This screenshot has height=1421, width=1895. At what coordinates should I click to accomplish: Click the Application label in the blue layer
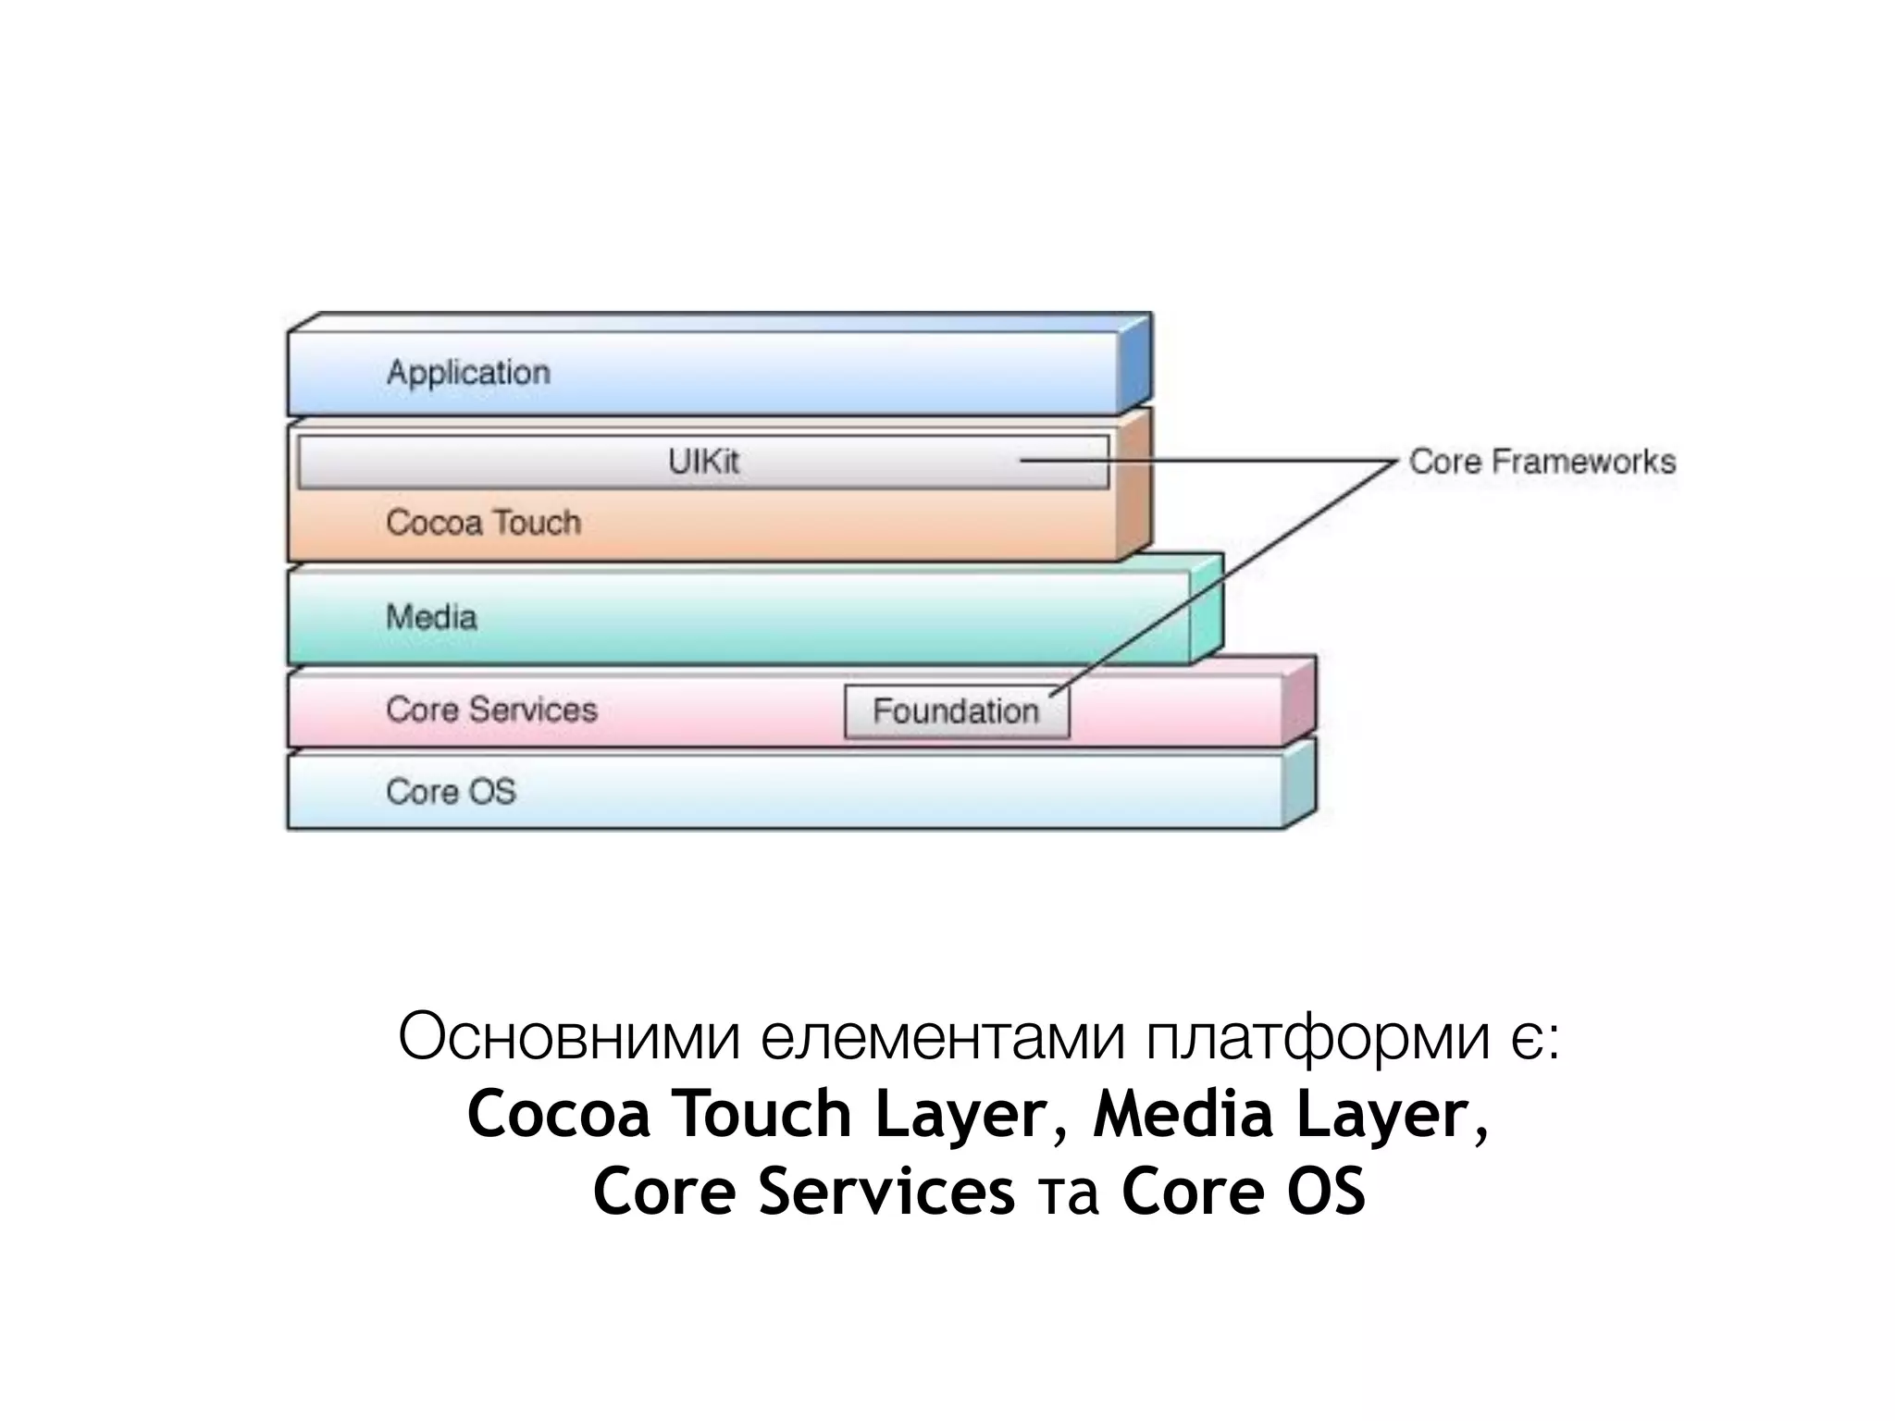[x=468, y=373]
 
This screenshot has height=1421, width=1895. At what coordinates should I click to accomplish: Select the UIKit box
[x=703, y=462]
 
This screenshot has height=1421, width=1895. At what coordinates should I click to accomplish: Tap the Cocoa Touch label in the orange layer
[x=483, y=523]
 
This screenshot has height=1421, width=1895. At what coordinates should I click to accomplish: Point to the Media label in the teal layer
[x=431, y=617]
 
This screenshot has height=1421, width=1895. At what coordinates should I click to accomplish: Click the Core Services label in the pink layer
[x=491, y=710]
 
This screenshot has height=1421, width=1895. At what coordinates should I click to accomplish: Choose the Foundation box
[x=957, y=711]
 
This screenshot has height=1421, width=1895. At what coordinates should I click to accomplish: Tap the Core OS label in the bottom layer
[x=451, y=792]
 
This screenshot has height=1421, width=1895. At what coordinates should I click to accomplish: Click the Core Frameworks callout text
[x=1542, y=462]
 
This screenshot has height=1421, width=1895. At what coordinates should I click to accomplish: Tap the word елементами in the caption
[x=943, y=1039]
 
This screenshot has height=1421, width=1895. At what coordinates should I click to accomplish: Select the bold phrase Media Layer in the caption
[x=1281, y=1114]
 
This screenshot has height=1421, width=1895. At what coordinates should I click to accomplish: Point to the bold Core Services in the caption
[x=803, y=1192]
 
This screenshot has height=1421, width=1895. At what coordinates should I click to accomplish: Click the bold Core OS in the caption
[x=1243, y=1192]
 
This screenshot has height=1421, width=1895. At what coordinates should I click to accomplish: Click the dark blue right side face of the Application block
[x=1135, y=365]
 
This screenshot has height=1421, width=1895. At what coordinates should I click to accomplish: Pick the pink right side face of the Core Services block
[x=1299, y=703]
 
